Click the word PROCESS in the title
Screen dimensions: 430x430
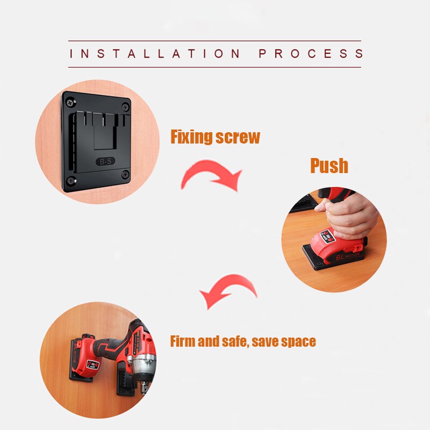click(x=311, y=54)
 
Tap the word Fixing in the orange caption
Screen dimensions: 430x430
click(x=191, y=137)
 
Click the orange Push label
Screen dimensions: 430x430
click(x=329, y=166)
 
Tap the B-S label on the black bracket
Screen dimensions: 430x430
click(x=105, y=161)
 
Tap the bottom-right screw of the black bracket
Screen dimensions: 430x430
click(x=125, y=174)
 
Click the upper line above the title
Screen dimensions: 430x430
click(x=214, y=41)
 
